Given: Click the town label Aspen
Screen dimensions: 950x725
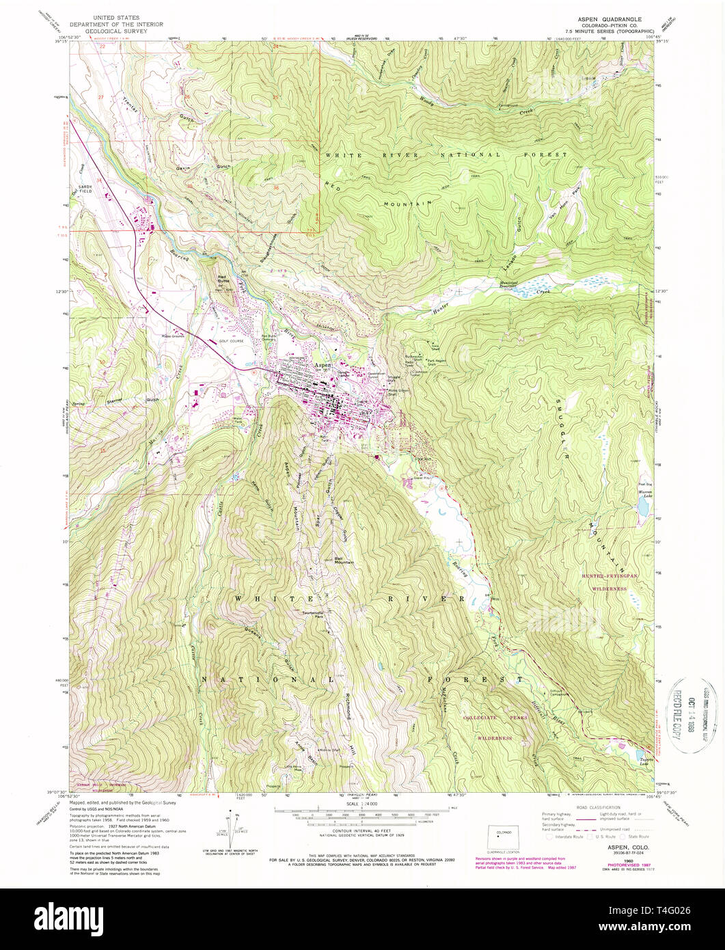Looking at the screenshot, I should click(321, 366).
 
